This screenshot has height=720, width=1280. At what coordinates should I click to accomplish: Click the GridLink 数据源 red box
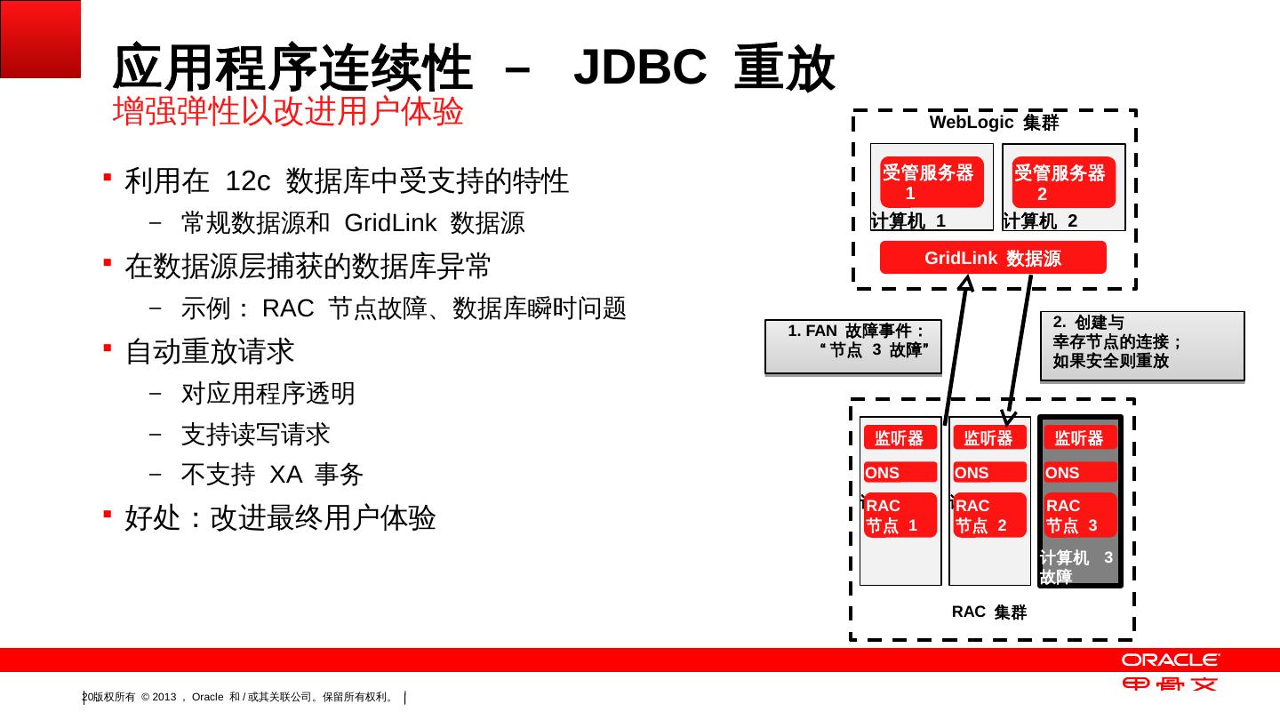[993, 258]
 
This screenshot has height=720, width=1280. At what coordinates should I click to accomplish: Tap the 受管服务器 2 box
[1063, 183]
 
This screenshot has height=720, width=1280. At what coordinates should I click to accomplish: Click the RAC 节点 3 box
[1080, 516]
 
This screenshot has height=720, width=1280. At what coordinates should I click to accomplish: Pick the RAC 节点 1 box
[900, 516]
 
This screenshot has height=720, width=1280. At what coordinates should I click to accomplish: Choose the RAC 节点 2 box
[989, 516]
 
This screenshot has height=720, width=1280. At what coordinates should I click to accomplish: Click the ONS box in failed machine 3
[1080, 473]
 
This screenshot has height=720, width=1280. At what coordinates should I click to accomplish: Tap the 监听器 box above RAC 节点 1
[900, 438]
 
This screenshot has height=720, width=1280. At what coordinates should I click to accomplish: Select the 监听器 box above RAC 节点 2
[989, 438]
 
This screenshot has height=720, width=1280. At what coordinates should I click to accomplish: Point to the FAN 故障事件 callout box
[852, 346]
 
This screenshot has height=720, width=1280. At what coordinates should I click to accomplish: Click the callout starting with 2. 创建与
[1141, 346]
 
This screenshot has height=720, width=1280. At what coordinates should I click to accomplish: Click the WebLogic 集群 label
[994, 124]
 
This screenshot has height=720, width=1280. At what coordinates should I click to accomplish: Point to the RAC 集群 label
[988, 612]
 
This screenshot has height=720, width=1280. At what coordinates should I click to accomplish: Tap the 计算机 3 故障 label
[1076, 567]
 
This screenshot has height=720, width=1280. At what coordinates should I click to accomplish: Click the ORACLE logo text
[1170, 660]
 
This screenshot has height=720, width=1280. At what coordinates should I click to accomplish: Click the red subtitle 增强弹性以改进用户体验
[288, 112]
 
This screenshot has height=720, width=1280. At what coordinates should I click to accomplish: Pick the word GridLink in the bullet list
[389, 223]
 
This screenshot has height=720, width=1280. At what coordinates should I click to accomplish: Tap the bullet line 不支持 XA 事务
[272, 475]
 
